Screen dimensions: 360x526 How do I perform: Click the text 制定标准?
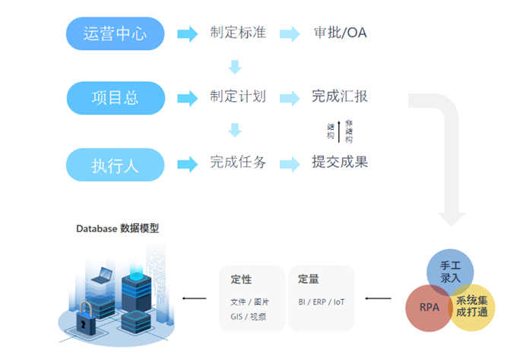point(238,33)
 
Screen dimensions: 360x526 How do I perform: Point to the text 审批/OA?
point(341,34)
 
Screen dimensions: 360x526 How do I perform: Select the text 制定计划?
point(238,97)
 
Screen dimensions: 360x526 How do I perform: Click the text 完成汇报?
point(340,97)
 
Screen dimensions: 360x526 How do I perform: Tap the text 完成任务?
point(238,163)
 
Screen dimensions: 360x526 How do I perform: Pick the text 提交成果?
point(340,163)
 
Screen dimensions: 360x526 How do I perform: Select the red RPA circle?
point(428,308)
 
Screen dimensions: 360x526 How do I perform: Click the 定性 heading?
point(241,279)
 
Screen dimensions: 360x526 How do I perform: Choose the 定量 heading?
point(308,279)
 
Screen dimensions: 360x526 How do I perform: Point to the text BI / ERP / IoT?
point(322,302)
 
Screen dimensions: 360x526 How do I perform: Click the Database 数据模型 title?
point(118,228)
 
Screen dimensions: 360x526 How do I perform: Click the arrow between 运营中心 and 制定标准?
point(187,34)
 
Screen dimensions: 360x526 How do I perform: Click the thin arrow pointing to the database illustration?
point(195,298)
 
